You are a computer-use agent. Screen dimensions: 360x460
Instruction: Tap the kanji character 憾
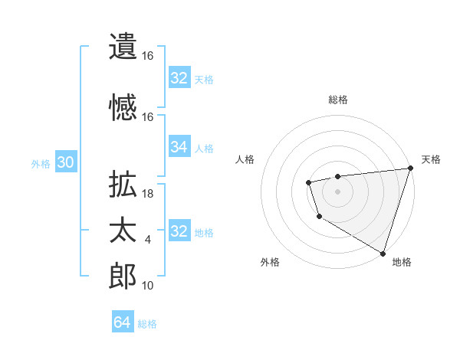(123, 108)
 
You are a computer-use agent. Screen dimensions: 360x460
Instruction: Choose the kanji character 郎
(123, 277)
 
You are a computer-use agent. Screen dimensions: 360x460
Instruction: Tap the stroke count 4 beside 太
(148, 240)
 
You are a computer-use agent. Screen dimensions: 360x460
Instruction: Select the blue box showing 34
(179, 147)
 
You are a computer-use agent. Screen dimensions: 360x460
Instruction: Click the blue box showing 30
(65, 162)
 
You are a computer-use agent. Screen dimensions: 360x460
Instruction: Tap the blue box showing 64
(122, 322)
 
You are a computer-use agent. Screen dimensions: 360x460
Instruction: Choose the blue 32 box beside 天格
(179, 78)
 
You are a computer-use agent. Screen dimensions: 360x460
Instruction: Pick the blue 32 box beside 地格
(179, 231)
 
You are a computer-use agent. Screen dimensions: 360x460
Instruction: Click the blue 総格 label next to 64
(147, 324)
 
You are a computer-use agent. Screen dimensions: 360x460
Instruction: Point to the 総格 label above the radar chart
(337, 100)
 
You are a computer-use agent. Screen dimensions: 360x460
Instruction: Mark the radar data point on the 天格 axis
(410, 169)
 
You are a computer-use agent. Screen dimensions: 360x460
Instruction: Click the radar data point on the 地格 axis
(383, 252)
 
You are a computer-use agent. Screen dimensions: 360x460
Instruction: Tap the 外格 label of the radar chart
(270, 262)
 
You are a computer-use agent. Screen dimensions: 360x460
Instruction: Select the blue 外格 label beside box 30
(41, 164)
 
